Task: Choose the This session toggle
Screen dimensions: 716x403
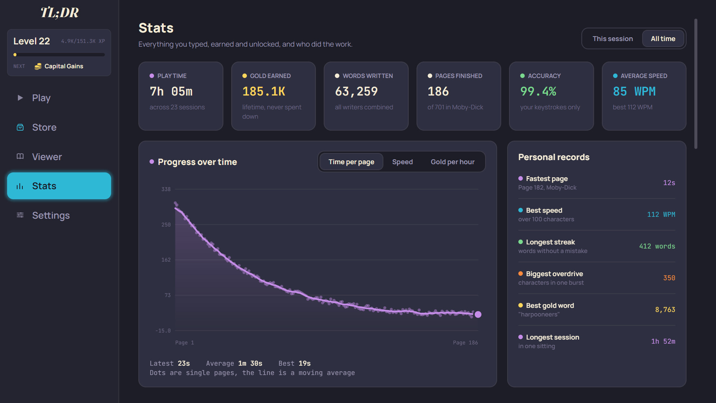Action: [x=613, y=38]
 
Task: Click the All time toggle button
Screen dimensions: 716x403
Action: [x=663, y=38]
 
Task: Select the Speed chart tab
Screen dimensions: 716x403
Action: [x=402, y=162]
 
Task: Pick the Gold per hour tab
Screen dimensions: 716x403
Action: [x=452, y=162]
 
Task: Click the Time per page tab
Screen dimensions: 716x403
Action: [x=351, y=162]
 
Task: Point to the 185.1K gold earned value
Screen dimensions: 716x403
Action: [x=264, y=91]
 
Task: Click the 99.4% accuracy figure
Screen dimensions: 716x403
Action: [x=538, y=91]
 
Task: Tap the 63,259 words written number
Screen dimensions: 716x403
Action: [x=356, y=91]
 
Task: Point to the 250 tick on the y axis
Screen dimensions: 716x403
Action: [x=166, y=225]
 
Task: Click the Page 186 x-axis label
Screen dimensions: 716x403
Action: [x=465, y=343]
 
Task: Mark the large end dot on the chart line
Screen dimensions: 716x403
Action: [x=478, y=315]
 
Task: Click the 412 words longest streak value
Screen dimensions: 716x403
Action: [x=657, y=246]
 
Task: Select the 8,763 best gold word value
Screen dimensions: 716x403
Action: [x=665, y=310]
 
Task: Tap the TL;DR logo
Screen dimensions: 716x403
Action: [x=60, y=13]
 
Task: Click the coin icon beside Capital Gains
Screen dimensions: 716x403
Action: [x=38, y=66]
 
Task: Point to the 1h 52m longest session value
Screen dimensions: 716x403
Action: [x=663, y=341]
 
